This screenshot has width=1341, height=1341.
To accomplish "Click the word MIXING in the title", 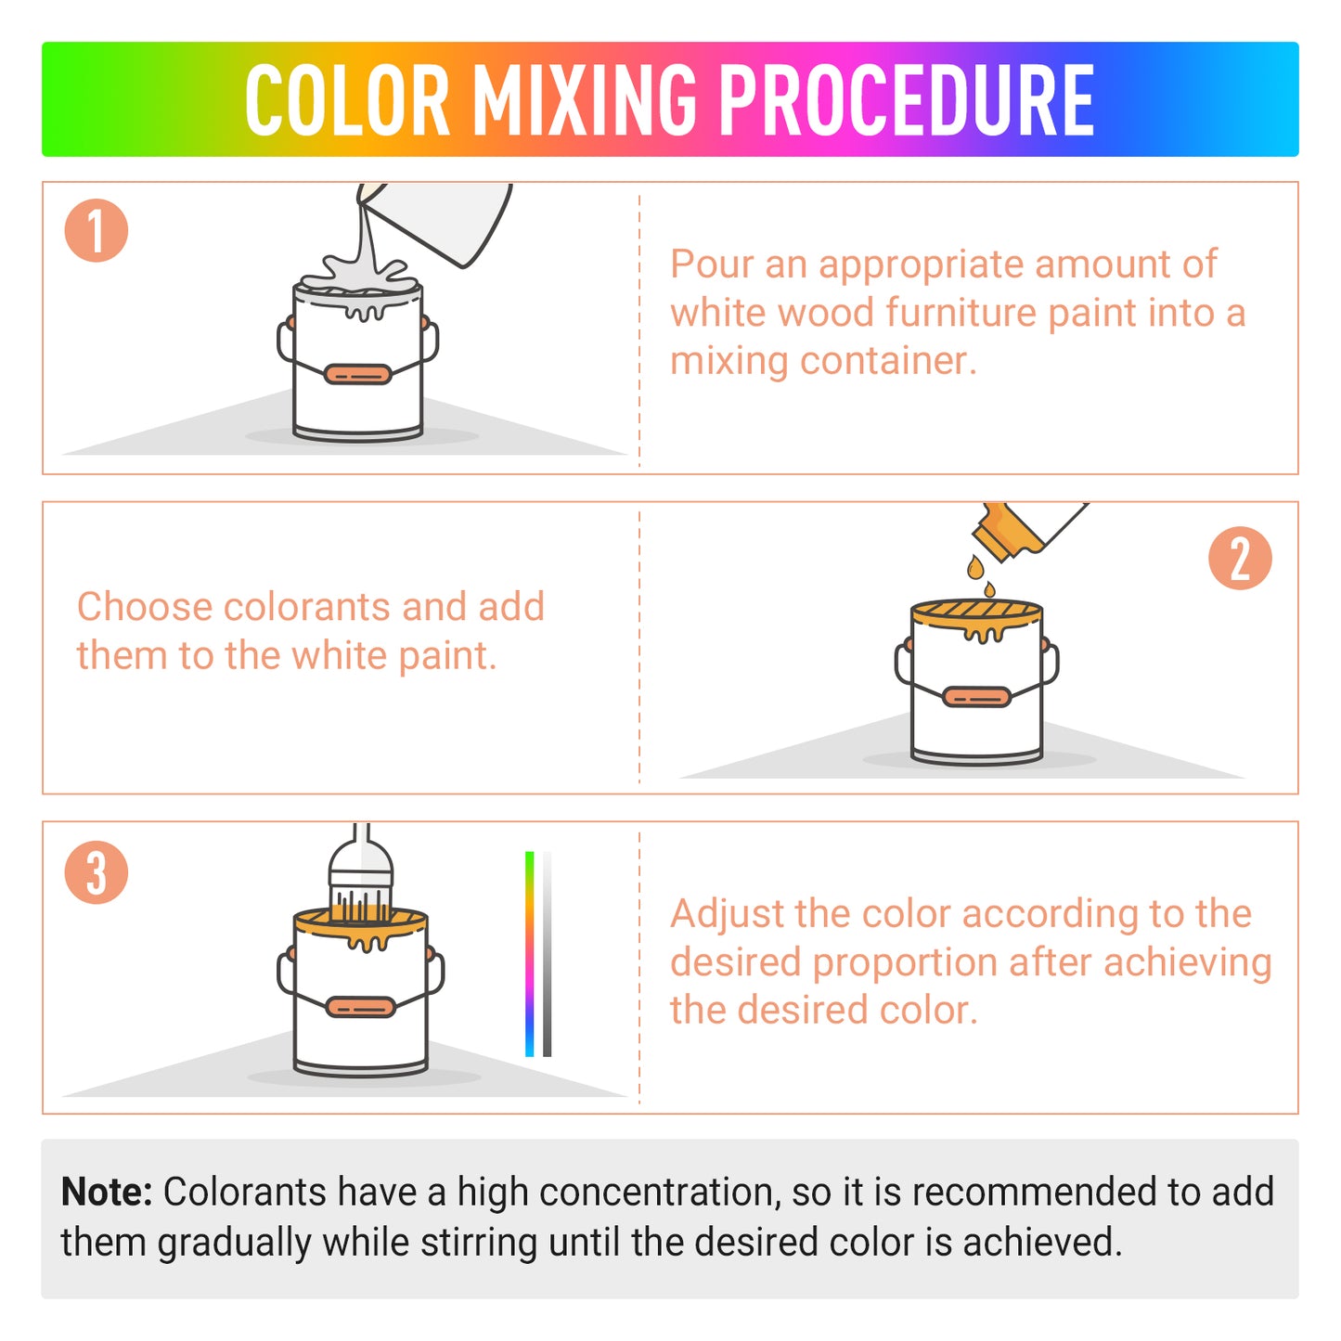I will [x=585, y=100].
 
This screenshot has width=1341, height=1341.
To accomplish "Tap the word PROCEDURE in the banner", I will [x=907, y=100].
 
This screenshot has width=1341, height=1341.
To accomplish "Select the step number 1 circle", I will [x=96, y=230].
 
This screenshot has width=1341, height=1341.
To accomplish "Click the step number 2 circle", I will [x=1240, y=559].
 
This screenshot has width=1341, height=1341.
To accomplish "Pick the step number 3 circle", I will [x=96, y=872].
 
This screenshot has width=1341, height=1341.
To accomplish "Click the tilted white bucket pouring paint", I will [x=445, y=218].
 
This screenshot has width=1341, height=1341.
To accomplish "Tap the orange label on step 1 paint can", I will [x=357, y=374].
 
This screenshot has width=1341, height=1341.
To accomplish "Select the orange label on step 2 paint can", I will [x=976, y=696].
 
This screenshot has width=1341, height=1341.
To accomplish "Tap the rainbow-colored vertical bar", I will [x=530, y=953].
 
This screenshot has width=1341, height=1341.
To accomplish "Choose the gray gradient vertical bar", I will [x=548, y=953].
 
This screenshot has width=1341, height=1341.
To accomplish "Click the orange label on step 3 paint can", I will [x=361, y=1006].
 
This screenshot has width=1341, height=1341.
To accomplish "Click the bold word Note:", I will [x=107, y=1192].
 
